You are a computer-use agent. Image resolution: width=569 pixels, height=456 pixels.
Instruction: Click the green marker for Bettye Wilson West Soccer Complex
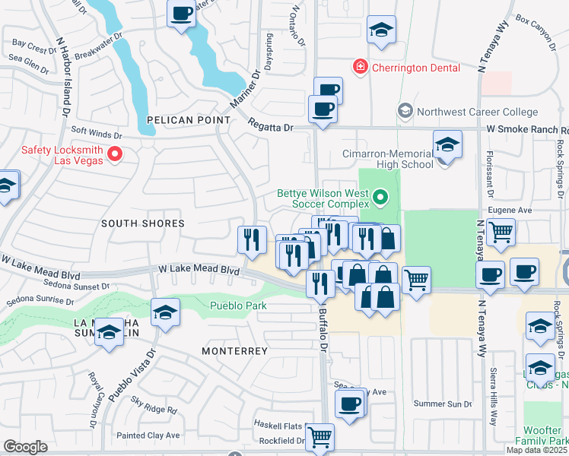381,200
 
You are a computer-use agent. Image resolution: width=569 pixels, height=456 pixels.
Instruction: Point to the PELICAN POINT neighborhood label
189,120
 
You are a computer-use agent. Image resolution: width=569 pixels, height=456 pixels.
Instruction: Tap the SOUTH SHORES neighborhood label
144,223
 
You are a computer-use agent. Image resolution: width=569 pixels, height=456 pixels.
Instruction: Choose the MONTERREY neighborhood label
234,351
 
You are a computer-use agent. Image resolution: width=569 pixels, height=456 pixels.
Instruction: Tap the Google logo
25,447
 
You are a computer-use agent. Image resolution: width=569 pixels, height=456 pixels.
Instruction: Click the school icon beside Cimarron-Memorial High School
447,144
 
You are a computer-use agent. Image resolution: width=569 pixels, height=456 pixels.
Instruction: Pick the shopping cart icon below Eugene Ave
501,232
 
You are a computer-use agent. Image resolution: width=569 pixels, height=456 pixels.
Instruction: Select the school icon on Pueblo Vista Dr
165,312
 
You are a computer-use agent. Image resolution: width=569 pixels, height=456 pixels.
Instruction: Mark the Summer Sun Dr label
443,404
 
